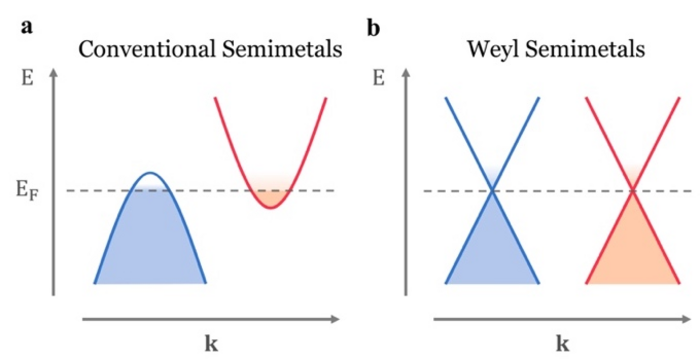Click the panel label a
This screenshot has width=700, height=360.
26,28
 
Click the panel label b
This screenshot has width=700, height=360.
373,28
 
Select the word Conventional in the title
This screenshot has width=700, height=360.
146,49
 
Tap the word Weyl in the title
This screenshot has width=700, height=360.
494,50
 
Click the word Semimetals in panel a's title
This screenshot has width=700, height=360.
280,49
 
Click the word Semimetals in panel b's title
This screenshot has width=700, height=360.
585,49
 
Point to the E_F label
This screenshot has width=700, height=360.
28,191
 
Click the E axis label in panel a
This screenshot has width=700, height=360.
28,80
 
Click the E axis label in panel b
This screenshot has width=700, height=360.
379,80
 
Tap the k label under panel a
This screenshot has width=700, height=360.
212,343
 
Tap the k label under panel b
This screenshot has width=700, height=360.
562,343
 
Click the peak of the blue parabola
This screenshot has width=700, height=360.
150,173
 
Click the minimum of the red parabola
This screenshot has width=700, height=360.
271,208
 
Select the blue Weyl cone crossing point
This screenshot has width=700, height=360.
492,191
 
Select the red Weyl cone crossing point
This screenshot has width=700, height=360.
633,191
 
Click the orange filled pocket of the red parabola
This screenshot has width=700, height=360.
271,198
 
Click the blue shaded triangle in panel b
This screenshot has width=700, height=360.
492,250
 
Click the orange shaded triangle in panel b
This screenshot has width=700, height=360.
633,250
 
